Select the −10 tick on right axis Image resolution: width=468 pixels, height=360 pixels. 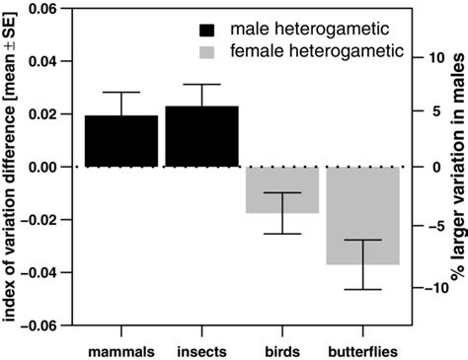434,288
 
